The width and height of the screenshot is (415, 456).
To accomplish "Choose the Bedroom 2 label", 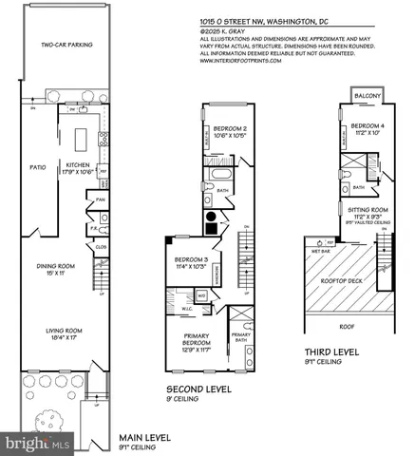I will pyautogui.click(x=231, y=131).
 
